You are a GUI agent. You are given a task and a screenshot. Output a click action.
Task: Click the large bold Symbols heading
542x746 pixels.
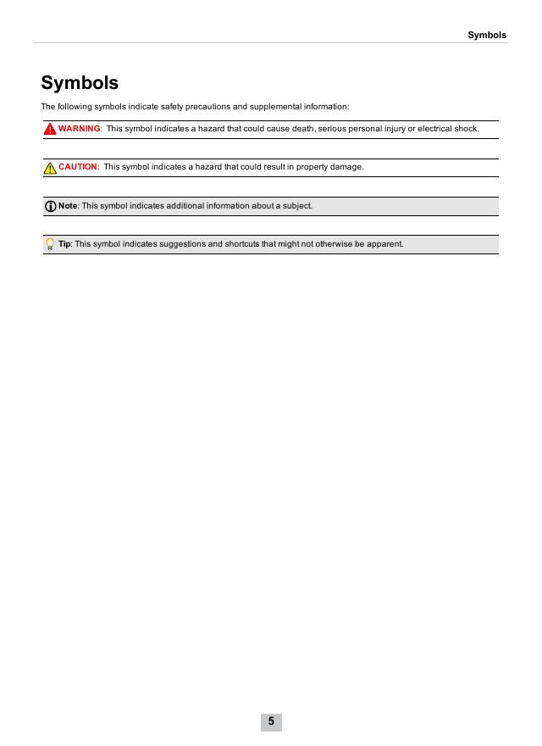pyautogui.click(x=80, y=83)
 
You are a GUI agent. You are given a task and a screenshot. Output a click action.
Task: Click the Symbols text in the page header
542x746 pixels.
pyautogui.click(x=487, y=35)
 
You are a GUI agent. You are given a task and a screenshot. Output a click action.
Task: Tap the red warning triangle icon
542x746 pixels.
pyautogui.click(x=51, y=129)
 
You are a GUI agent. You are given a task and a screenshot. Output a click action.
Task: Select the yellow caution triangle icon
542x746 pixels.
pyautogui.click(x=50, y=168)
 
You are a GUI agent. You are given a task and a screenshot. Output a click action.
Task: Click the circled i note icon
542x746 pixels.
pyautogui.click(x=50, y=206)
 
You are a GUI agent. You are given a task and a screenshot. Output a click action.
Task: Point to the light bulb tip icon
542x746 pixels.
pyautogui.click(x=50, y=245)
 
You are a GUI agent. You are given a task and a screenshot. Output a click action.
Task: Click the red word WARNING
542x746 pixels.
pyautogui.click(x=80, y=129)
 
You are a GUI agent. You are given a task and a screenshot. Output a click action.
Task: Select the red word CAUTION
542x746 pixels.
pyautogui.click(x=78, y=167)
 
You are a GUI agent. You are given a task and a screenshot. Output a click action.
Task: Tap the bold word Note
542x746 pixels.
pyautogui.click(x=68, y=206)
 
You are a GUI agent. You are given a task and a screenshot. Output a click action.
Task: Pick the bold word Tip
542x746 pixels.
pyautogui.click(x=64, y=244)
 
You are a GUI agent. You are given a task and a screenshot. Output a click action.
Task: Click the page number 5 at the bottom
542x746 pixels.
pyautogui.click(x=271, y=721)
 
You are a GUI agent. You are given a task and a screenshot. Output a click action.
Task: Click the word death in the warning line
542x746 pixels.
pyautogui.click(x=302, y=129)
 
